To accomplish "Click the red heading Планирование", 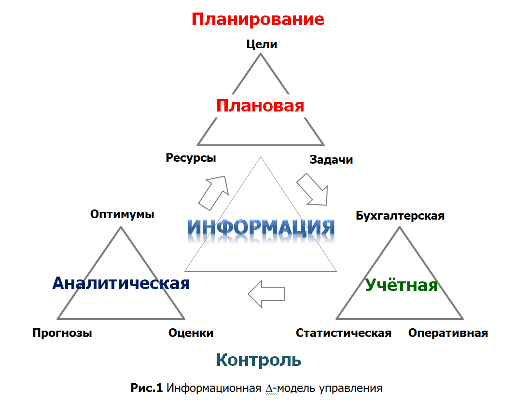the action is coord(258,19).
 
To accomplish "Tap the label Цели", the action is coord(262,44).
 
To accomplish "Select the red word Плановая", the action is coord(260,106).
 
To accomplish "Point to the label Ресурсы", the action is coord(191,158).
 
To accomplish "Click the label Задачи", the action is coord(331,159).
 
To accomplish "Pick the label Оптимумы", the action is coord(122,214).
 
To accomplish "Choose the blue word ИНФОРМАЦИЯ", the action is coord(261,227).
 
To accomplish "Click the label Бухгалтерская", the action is coord(400,216).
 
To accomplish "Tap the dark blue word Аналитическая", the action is coord(121,283).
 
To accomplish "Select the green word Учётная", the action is coord(402,285).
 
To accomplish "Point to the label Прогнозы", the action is coord(62,333).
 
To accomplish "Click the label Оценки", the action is coord(191,333).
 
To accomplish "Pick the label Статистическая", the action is coord(344,333).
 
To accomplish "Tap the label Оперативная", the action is coord(448,333).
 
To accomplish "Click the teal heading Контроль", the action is coord(258,360).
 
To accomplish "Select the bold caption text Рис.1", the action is coord(147,388).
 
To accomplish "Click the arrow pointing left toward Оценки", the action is coord(266,294).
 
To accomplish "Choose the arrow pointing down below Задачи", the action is coord(312,189).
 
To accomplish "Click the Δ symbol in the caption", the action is coord(270,389).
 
